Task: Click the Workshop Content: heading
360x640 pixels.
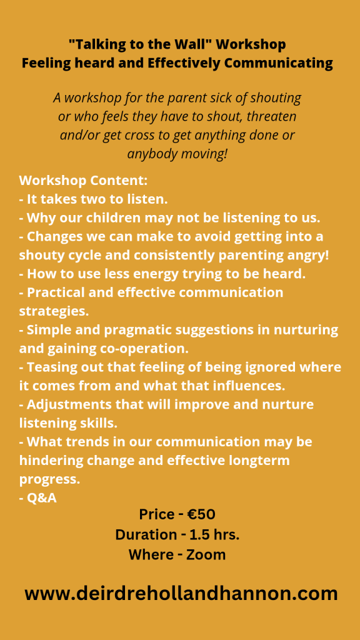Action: click(83, 181)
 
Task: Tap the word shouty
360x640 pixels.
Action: click(42, 256)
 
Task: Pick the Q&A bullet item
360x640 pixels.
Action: click(37, 498)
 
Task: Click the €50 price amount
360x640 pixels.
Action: click(201, 514)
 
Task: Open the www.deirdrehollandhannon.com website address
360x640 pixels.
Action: click(181, 594)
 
